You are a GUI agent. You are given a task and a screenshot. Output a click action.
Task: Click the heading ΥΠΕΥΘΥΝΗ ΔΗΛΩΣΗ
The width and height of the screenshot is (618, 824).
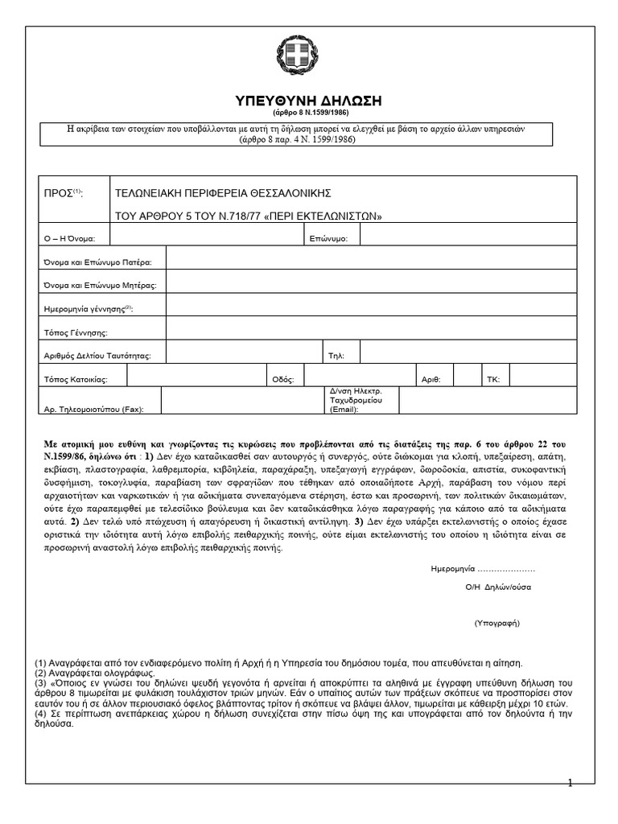(x=307, y=101)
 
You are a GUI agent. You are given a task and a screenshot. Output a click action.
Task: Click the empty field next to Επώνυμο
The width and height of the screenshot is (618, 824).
(x=468, y=235)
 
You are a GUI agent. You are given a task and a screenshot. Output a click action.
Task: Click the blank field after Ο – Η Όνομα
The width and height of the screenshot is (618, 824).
(x=207, y=235)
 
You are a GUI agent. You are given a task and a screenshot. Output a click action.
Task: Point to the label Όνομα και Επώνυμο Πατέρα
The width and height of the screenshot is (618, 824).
(x=102, y=262)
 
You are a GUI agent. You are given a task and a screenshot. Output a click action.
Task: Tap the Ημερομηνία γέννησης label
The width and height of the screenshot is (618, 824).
(x=88, y=309)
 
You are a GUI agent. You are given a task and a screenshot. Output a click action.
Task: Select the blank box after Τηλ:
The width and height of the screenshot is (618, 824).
(x=468, y=352)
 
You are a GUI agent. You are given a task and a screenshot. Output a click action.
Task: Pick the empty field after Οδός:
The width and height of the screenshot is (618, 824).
(x=359, y=375)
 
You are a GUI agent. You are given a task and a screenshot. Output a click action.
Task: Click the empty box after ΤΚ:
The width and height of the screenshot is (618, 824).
(x=542, y=375)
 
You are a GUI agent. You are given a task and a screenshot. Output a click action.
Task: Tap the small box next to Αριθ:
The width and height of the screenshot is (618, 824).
(x=467, y=375)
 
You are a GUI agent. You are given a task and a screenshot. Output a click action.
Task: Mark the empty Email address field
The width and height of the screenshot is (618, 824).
(x=488, y=400)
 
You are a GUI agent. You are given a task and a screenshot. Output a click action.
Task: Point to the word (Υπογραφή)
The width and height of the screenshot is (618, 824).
(x=497, y=623)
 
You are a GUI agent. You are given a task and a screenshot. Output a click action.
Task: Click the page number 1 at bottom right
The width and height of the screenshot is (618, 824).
(x=570, y=783)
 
